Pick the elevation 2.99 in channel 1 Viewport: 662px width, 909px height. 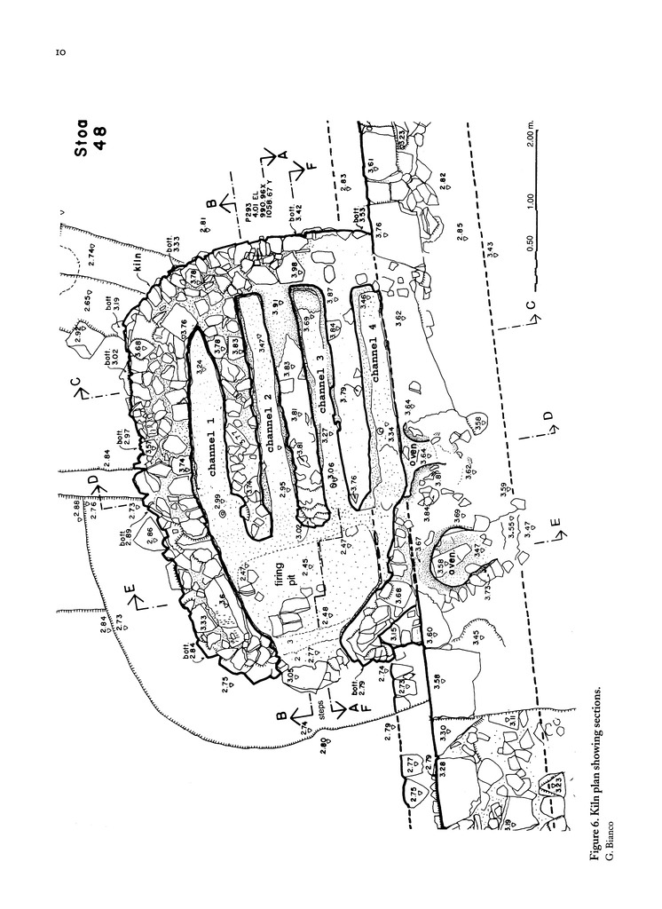pyautogui.click(x=216, y=500)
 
